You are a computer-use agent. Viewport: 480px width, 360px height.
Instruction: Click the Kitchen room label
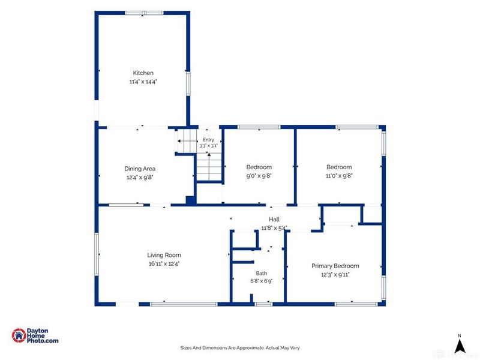click(x=143, y=73)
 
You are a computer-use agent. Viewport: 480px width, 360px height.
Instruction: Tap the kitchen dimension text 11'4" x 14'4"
click(x=143, y=82)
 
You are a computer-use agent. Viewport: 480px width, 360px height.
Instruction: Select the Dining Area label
click(x=140, y=169)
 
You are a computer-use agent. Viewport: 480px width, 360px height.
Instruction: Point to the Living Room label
click(x=164, y=255)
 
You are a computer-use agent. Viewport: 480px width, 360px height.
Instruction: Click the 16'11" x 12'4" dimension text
click(x=164, y=263)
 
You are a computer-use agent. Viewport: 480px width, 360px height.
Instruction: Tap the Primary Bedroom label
click(x=335, y=266)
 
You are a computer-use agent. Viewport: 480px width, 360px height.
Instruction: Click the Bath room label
click(x=261, y=273)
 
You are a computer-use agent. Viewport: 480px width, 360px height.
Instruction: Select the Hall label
click(x=274, y=219)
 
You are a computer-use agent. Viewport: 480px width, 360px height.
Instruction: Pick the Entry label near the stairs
click(x=208, y=140)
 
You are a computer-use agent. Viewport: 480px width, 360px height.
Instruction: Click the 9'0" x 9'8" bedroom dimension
click(x=259, y=176)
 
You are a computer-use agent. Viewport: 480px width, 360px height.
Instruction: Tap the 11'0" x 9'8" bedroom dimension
click(x=339, y=176)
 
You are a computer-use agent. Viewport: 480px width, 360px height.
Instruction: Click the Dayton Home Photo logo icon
click(x=19, y=335)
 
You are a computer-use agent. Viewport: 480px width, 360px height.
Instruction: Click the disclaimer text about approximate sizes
click(x=240, y=348)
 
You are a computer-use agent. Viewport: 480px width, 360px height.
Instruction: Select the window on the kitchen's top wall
click(x=144, y=13)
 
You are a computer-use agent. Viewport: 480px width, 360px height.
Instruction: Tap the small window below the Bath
click(x=263, y=304)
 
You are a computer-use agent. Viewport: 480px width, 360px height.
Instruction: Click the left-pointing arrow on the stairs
click(x=187, y=141)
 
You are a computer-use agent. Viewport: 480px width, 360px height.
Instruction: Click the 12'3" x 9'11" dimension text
click(x=335, y=275)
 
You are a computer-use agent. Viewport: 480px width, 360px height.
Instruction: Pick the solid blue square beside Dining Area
click(x=191, y=200)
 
